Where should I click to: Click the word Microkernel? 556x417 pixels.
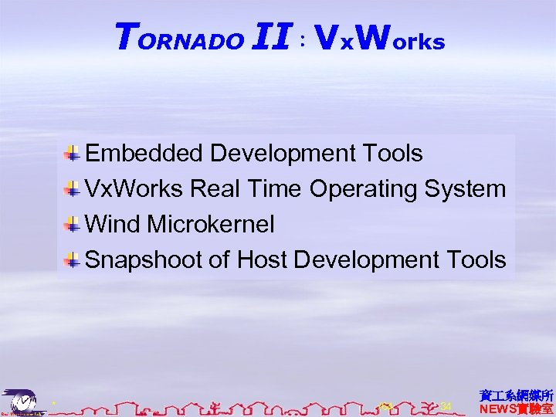click(x=211, y=225)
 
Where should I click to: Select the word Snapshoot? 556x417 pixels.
click(x=144, y=260)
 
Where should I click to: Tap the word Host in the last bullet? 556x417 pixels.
click(x=263, y=260)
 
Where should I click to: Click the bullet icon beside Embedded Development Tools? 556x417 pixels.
click(x=72, y=154)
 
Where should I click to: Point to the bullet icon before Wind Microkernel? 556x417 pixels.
click(x=72, y=225)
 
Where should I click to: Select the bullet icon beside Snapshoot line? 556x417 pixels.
click(x=72, y=260)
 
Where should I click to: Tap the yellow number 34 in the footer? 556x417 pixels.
click(x=445, y=406)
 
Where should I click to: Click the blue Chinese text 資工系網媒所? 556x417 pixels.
click(x=516, y=395)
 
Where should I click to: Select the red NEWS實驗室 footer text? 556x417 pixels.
click(x=516, y=409)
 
